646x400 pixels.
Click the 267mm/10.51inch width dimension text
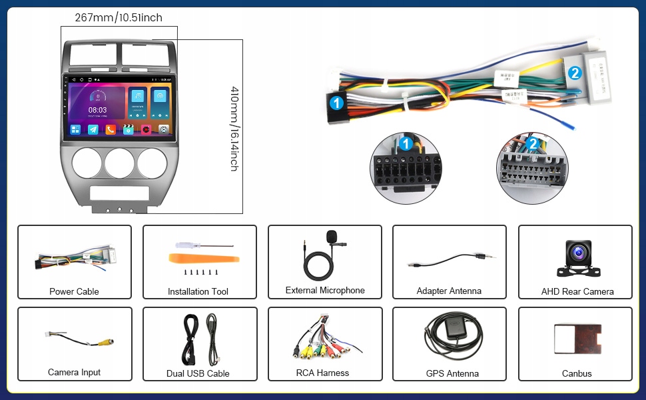[118, 18]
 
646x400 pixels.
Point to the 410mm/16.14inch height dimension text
[234, 128]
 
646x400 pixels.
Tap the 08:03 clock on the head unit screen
[97, 110]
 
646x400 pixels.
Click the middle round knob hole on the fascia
[119, 163]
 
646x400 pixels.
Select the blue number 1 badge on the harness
[337, 103]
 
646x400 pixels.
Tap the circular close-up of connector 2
[531, 168]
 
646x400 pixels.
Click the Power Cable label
[74, 291]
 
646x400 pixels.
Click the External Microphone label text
[325, 291]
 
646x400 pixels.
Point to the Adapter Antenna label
[449, 291]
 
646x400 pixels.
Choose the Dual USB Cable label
[198, 373]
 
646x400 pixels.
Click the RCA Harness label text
[323, 373]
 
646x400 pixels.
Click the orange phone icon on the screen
[111, 129]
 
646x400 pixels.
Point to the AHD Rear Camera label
[577, 291]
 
